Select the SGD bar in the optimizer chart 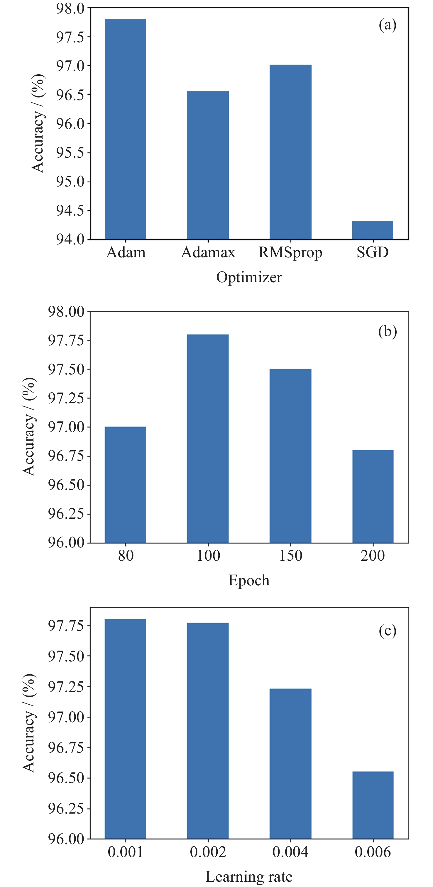pyautogui.click(x=373, y=230)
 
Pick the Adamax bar pyautogui.click(x=208, y=165)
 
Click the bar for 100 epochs pyautogui.click(x=208, y=438)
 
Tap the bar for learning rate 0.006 pyautogui.click(x=373, y=805)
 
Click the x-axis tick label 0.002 pyautogui.click(x=208, y=852)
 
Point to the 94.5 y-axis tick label pyautogui.click(x=70, y=210)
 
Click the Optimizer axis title pyautogui.click(x=249, y=277)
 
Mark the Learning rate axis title pyautogui.click(x=249, y=877)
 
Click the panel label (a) pyautogui.click(x=388, y=25)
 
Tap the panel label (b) pyautogui.click(x=388, y=332)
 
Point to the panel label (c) pyautogui.click(x=388, y=631)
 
